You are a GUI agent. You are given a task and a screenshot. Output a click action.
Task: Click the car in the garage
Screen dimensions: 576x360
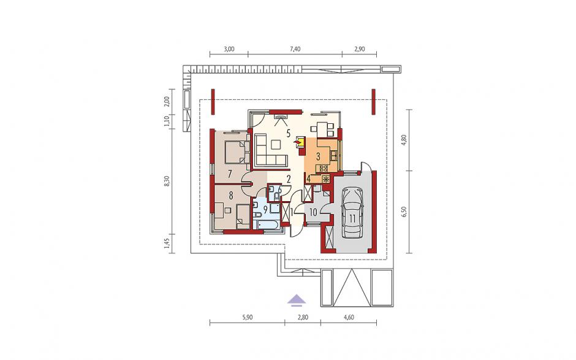pos(352,213)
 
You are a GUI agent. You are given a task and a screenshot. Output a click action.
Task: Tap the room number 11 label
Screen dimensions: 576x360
pos(352,219)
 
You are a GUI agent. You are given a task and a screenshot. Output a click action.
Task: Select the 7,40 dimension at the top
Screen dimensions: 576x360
pos(295,49)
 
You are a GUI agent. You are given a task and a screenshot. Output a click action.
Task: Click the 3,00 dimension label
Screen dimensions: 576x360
pos(229,49)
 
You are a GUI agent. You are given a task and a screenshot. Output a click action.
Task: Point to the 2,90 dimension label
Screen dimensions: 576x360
pos(359,49)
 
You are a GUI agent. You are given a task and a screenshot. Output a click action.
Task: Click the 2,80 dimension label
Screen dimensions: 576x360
pos(302,317)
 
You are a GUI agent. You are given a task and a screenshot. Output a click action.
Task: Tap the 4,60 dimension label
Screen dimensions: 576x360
pos(348,317)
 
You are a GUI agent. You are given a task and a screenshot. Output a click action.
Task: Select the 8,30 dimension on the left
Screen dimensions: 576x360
pos(167,182)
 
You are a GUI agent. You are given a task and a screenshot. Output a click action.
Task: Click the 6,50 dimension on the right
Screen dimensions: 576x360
pos(404,212)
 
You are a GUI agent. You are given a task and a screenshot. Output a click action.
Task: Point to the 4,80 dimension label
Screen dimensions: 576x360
pos(404,140)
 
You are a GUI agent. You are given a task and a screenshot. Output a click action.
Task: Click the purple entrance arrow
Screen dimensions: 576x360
pos(297,301)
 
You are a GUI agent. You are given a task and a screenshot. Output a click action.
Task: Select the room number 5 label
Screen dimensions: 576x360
pos(289,132)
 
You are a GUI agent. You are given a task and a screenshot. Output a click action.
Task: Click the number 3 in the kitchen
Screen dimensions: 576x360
pos(318,156)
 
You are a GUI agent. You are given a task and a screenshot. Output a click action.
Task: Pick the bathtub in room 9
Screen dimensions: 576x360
pos(269,224)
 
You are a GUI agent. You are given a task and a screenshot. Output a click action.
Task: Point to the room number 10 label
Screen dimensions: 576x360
pos(313,212)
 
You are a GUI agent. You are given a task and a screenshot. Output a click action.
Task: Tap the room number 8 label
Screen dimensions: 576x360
pos(230,196)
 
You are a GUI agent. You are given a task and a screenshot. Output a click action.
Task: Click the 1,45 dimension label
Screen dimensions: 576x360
pos(167,244)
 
